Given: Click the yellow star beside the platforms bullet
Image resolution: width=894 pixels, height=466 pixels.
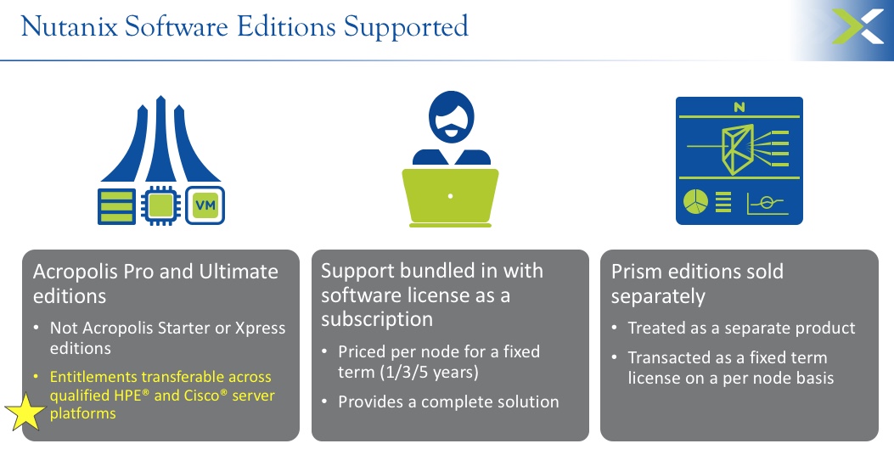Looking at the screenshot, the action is (25, 411).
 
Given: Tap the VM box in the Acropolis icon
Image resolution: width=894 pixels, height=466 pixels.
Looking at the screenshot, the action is (205, 205).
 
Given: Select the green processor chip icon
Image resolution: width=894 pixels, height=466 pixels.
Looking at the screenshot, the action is (160, 205).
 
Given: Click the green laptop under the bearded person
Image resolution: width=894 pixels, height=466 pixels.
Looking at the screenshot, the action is (451, 198).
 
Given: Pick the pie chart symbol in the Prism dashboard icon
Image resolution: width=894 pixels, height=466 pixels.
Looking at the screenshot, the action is (695, 202).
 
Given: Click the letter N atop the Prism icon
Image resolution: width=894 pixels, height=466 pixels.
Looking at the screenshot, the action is (739, 107).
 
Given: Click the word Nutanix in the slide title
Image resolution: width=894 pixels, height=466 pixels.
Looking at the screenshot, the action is (70, 27).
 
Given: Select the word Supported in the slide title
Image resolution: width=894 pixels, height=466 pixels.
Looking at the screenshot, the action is (406, 28).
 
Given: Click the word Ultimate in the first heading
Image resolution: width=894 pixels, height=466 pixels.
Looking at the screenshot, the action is (239, 272).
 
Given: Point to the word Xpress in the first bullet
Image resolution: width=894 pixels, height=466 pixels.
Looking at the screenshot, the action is (261, 328).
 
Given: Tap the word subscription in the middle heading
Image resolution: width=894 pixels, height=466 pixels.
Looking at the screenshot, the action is (377, 320).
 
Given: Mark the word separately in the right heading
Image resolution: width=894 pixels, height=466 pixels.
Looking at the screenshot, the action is (658, 297).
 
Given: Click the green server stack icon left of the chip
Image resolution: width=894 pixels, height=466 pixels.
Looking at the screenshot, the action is (117, 206).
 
